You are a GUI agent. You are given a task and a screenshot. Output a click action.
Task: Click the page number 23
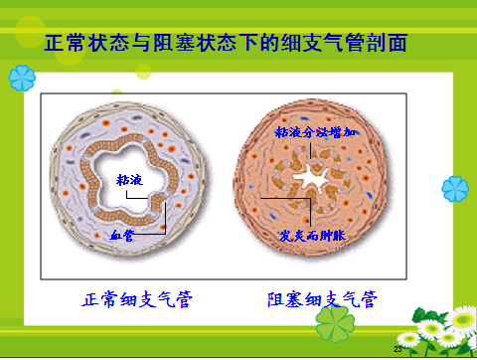point(398,350)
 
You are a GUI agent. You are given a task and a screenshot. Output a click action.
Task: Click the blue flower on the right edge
point(456,187)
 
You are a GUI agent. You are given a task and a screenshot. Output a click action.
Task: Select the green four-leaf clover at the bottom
point(334,322)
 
